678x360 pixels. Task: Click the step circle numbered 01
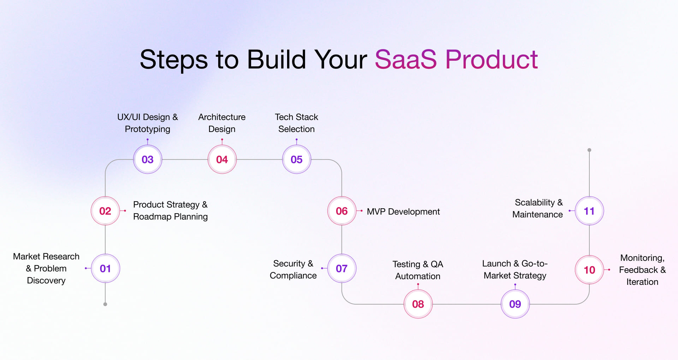106,268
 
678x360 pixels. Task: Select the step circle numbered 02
105,211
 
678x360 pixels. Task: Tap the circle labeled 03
148,160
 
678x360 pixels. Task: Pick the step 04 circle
222,160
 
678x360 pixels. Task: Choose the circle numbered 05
297,160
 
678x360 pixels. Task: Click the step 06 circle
342,211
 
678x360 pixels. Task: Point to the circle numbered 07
342,268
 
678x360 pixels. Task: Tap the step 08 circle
418,304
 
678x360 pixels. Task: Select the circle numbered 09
515,304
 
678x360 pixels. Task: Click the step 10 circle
589,270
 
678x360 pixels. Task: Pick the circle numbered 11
589,211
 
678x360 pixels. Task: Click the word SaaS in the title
406,59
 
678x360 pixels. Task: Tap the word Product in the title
492,59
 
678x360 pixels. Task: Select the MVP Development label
403,211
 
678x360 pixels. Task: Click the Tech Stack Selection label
297,123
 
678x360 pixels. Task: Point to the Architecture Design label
222,123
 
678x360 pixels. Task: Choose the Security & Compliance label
293,269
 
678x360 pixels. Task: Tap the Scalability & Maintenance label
537,208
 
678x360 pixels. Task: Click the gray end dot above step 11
589,150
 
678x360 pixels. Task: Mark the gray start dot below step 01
105,304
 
